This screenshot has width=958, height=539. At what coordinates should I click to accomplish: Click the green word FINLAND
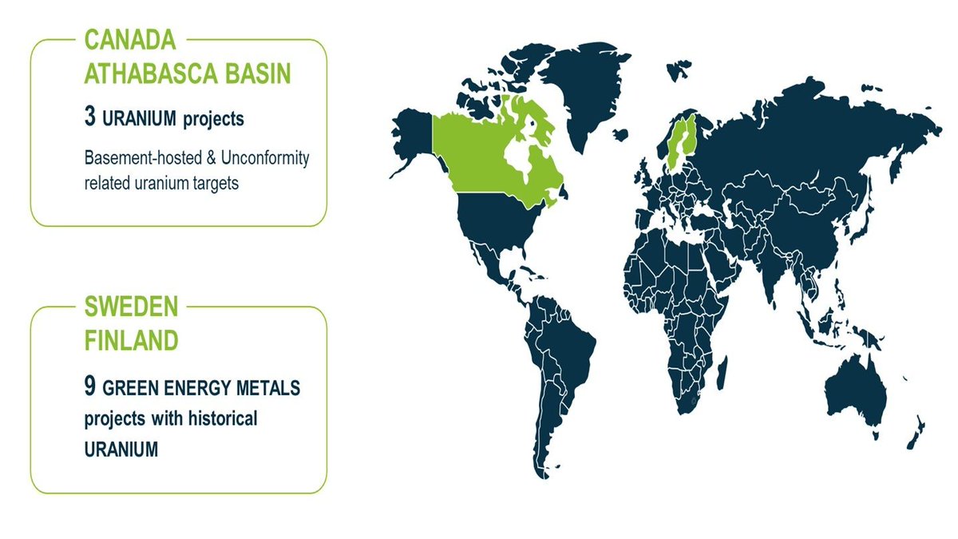click(131, 340)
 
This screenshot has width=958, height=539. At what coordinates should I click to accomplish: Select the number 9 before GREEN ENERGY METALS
click(90, 387)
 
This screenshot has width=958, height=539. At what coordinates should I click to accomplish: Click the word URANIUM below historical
click(121, 450)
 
